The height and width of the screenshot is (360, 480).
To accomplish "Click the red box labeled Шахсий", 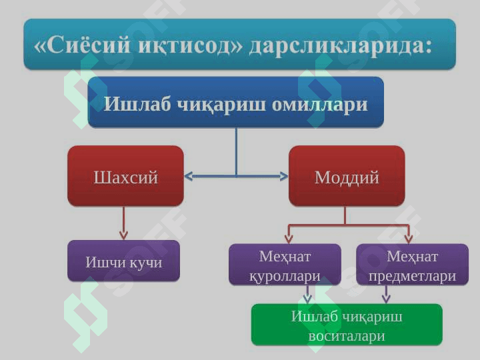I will [x=125, y=177].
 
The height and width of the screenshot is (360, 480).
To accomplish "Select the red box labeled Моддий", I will [x=346, y=177].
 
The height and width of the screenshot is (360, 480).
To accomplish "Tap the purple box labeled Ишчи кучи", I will [x=124, y=262].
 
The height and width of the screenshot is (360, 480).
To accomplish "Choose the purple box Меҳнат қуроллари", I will [x=285, y=265].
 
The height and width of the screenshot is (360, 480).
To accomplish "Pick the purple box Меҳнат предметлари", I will [x=412, y=265].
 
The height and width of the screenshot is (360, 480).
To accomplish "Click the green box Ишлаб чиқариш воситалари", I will [x=346, y=325].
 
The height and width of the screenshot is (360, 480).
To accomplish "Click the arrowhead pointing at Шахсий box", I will [x=188, y=177].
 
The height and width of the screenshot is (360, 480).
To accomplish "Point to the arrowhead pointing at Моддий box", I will [x=284, y=177].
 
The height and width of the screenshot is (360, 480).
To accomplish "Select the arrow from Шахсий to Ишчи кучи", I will [x=123, y=223].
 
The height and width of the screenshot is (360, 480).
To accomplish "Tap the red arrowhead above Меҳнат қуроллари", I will [x=289, y=237].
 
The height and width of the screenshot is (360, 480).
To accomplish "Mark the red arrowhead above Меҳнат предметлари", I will [x=409, y=237].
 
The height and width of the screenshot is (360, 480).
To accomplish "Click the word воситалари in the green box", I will [x=346, y=335].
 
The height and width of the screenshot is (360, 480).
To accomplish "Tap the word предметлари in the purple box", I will [x=412, y=276].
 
